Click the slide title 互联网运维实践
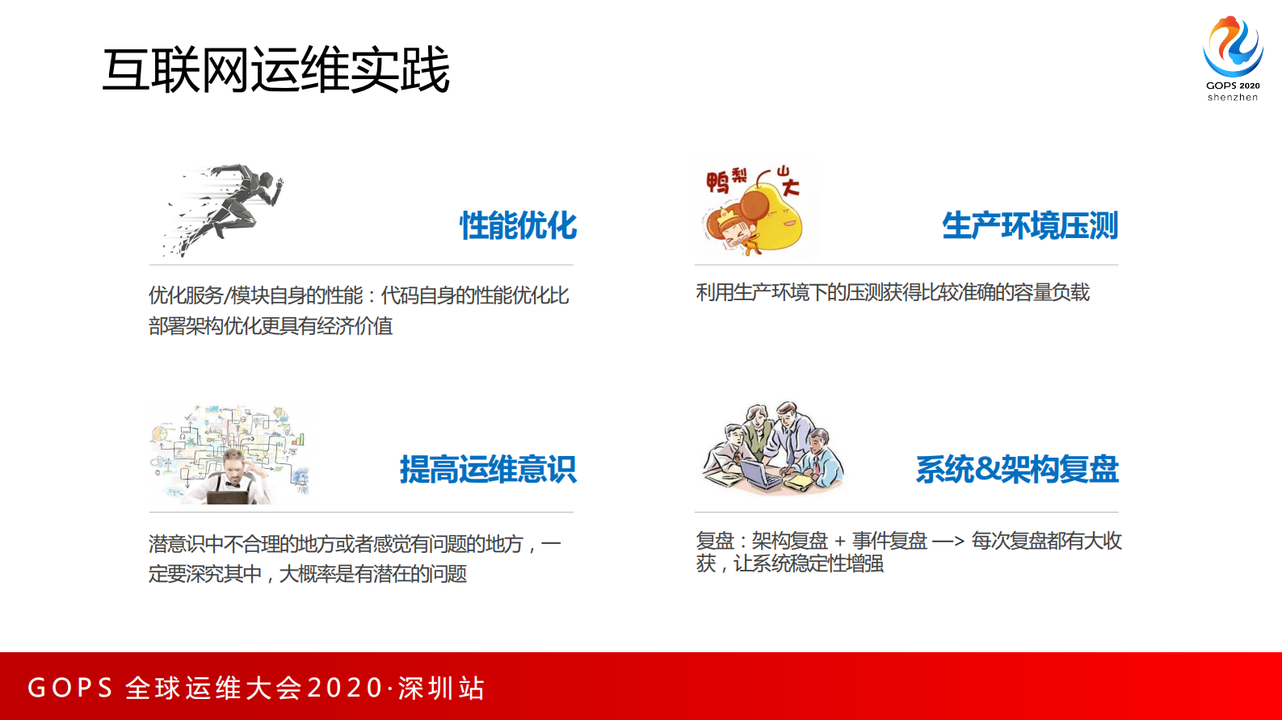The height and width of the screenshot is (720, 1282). point(275,70)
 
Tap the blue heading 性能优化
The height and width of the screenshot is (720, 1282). point(519,226)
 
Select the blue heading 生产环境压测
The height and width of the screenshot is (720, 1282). point(1030,226)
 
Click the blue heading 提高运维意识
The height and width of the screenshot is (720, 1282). point(488,470)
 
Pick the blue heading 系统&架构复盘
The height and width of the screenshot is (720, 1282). point(1017,470)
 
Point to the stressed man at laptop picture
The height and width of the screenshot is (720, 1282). point(229,456)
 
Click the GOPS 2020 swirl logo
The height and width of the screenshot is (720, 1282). point(1233,47)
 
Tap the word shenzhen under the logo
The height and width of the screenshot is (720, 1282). point(1233,98)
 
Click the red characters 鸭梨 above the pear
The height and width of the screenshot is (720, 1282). point(726,180)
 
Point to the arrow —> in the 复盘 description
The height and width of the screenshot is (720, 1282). point(948,542)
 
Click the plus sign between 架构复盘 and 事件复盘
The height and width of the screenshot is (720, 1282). point(840,542)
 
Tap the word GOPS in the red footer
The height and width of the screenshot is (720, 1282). point(70,688)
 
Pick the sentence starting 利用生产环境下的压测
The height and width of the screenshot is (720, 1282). point(893,292)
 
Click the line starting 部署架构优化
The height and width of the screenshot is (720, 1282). point(271,326)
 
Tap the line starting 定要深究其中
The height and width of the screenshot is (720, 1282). point(308,574)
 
